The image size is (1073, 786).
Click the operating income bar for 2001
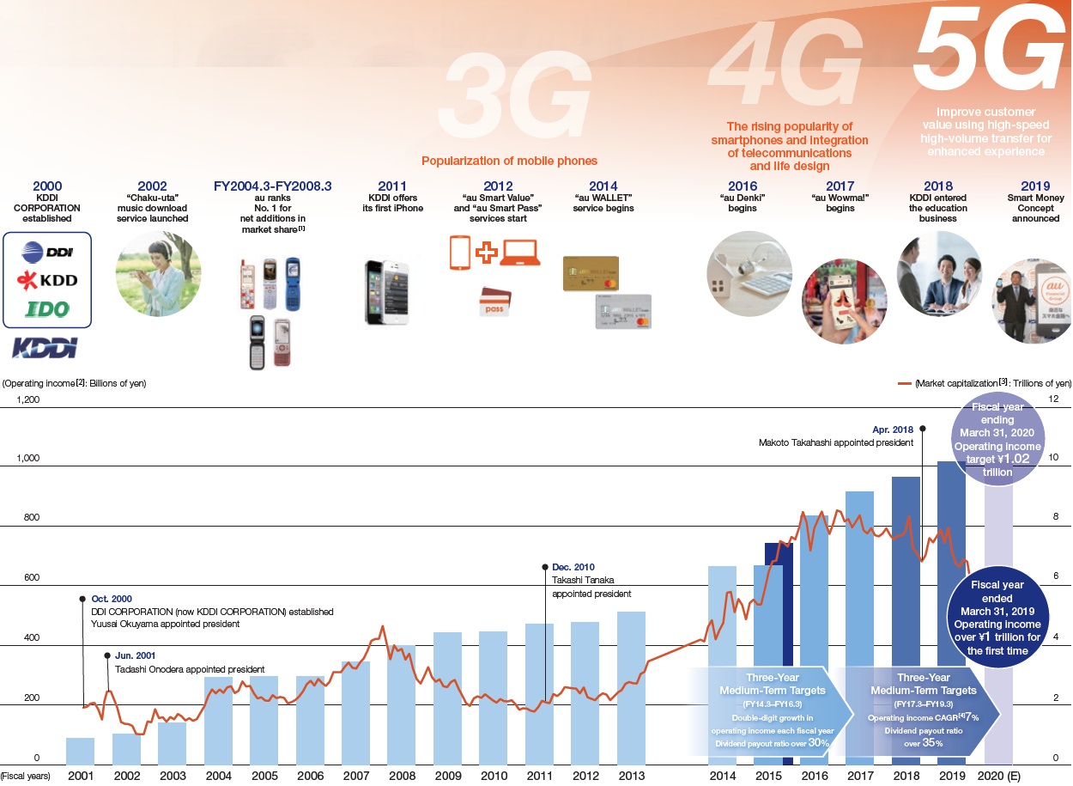(x=81, y=751)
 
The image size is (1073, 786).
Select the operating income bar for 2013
(x=631, y=687)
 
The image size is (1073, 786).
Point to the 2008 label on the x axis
(x=401, y=776)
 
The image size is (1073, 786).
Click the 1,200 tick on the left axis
(x=27, y=399)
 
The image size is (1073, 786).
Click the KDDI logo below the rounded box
(x=45, y=348)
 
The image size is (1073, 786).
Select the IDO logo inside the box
(x=47, y=309)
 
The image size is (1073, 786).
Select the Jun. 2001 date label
(x=136, y=655)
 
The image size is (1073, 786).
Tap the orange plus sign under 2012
(x=487, y=253)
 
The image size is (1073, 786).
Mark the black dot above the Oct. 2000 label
(x=82, y=599)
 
